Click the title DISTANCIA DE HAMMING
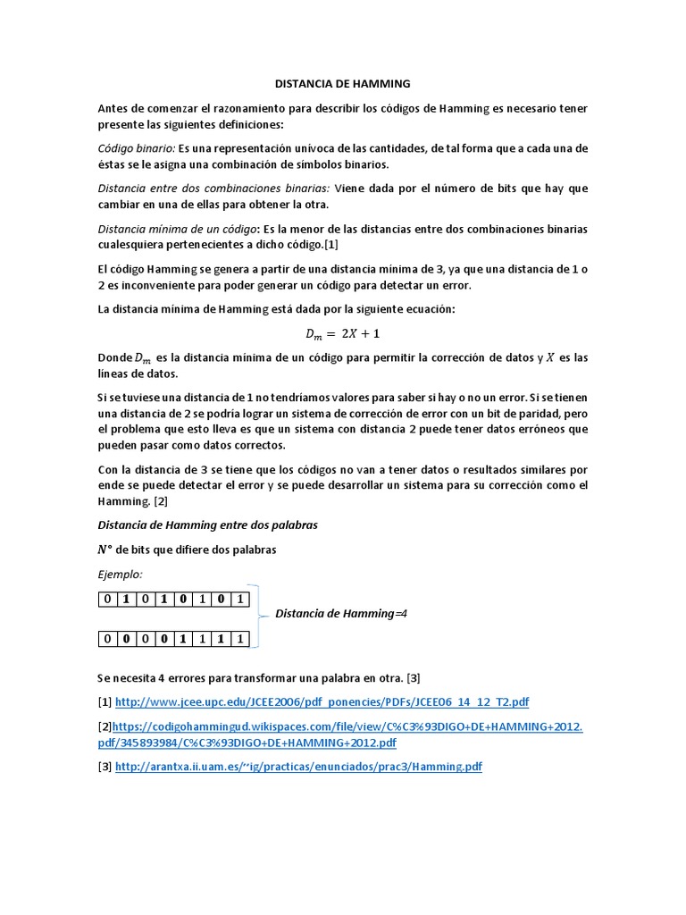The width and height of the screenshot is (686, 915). [342, 83]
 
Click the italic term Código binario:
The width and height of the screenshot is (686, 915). [136, 148]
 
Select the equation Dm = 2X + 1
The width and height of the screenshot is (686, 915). [342, 334]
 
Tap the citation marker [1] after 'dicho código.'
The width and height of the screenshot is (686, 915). [330, 244]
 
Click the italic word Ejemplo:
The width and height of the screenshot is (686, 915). [120, 574]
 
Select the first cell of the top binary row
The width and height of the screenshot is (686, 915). [108, 599]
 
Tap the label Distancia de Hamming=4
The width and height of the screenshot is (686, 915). [341, 614]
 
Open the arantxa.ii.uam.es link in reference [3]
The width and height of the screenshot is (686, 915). [298, 767]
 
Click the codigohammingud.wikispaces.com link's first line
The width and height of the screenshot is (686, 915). [347, 726]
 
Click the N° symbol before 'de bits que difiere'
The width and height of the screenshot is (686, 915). [105, 550]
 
